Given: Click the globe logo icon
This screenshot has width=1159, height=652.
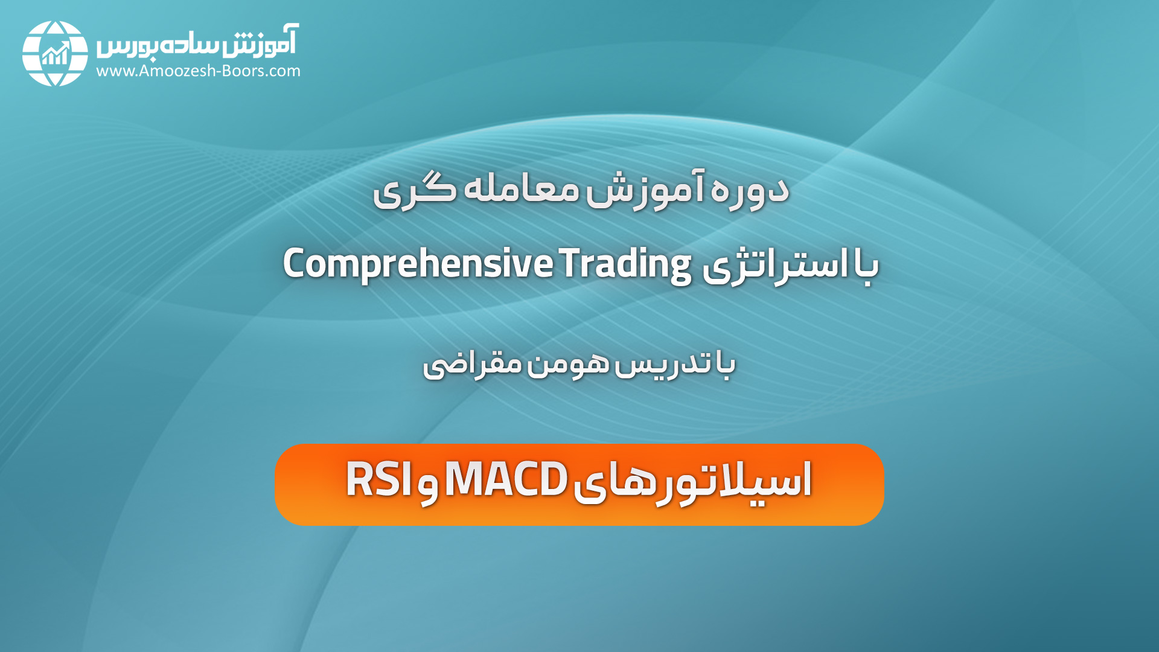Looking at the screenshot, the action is point(55,53).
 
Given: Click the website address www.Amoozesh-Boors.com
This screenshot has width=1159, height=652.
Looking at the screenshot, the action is point(198,71).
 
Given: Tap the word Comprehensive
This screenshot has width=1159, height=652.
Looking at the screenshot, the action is point(418,264).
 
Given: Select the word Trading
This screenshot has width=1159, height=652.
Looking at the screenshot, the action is point(625,264).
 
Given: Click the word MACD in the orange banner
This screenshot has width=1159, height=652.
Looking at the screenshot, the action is point(506,479).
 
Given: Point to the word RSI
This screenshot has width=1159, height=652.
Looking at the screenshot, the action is point(379,479).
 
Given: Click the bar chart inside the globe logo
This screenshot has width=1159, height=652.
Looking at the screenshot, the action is point(56,54).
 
